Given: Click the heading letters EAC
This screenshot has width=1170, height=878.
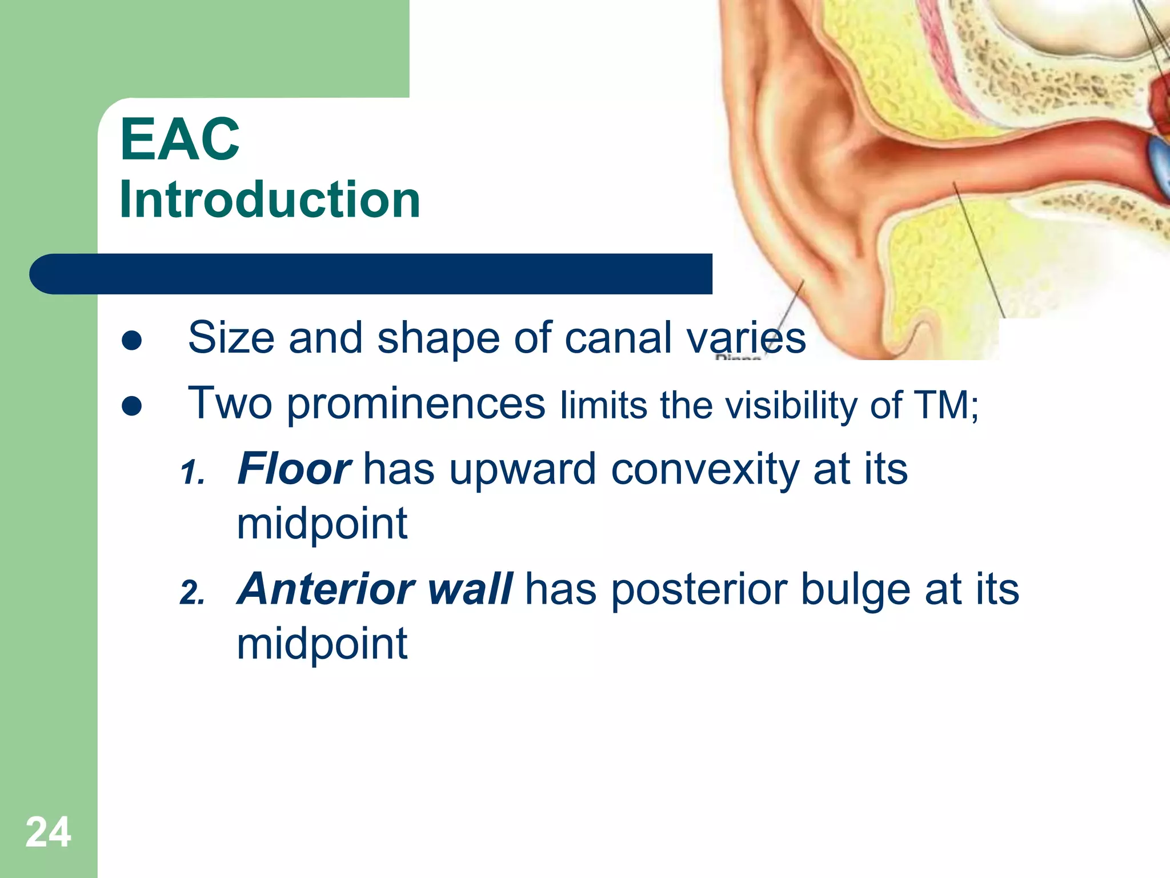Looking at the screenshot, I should pyautogui.click(x=179, y=139).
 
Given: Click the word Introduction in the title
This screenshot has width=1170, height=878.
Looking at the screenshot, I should pyautogui.click(x=270, y=200).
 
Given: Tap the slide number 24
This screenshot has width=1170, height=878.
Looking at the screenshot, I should pyautogui.click(x=48, y=832).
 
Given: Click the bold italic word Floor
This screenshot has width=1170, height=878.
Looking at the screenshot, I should pyautogui.click(x=294, y=469).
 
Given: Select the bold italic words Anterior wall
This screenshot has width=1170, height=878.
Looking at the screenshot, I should pyautogui.click(x=374, y=589).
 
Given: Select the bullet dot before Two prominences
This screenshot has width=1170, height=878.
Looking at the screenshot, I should pyautogui.click(x=132, y=406).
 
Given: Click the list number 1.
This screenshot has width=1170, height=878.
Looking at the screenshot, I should pyautogui.click(x=192, y=473).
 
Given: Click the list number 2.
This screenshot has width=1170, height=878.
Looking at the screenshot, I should pyautogui.click(x=192, y=593).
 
